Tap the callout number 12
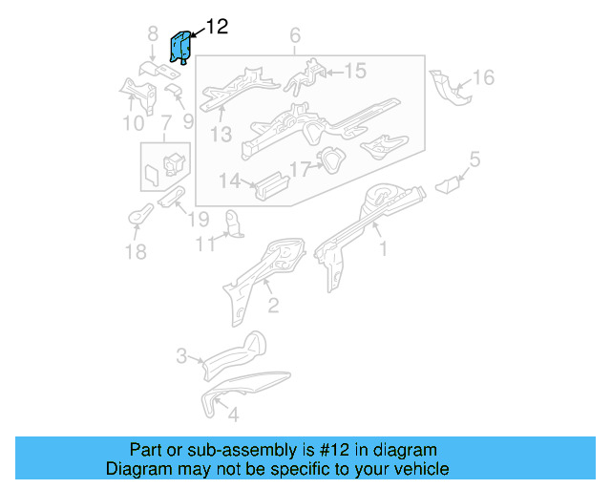pos(217,27)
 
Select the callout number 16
pos(484,77)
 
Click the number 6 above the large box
pos(294,37)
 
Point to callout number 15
pos(354,71)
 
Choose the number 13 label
pos(221,135)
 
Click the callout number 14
pos(229,181)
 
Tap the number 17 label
pos(301,169)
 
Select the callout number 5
pos(474,159)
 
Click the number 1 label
pos(384,250)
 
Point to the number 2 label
pos(272,305)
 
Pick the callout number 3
pos(181,357)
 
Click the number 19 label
pos(198,219)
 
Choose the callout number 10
pos(133,122)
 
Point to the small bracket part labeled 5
pos(449,182)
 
